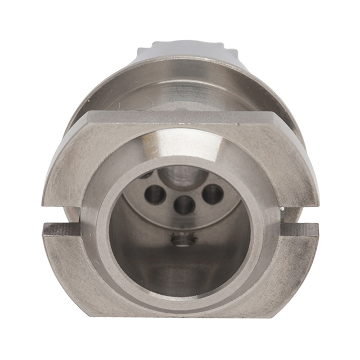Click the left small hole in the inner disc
pyautogui.click(x=155, y=195)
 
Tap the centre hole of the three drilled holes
pyautogui.click(x=184, y=205)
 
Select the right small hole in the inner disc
pyautogui.click(x=213, y=194)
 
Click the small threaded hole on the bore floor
pyautogui.click(x=183, y=240)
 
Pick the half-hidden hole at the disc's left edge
pyautogui.click(x=144, y=175)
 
